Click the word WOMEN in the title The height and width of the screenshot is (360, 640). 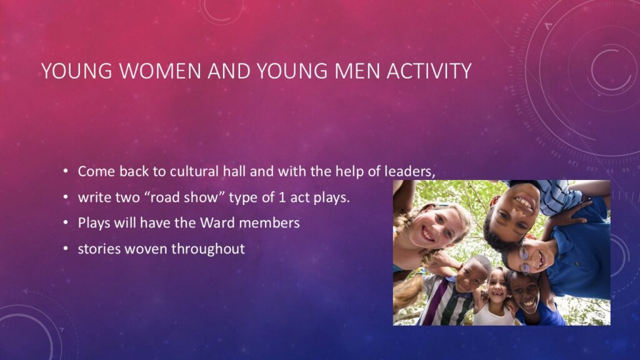click(x=161, y=71)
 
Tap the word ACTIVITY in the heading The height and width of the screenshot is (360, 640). click(x=429, y=71)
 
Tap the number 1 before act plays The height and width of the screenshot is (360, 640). click(x=282, y=197)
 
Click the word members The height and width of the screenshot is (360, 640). click(x=269, y=223)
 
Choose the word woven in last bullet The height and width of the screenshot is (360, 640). click(x=146, y=249)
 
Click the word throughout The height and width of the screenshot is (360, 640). click(x=208, y=249)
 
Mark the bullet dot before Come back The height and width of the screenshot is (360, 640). click(x=66, y=171)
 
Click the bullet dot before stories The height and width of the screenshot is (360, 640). click(x=66, y=249)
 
